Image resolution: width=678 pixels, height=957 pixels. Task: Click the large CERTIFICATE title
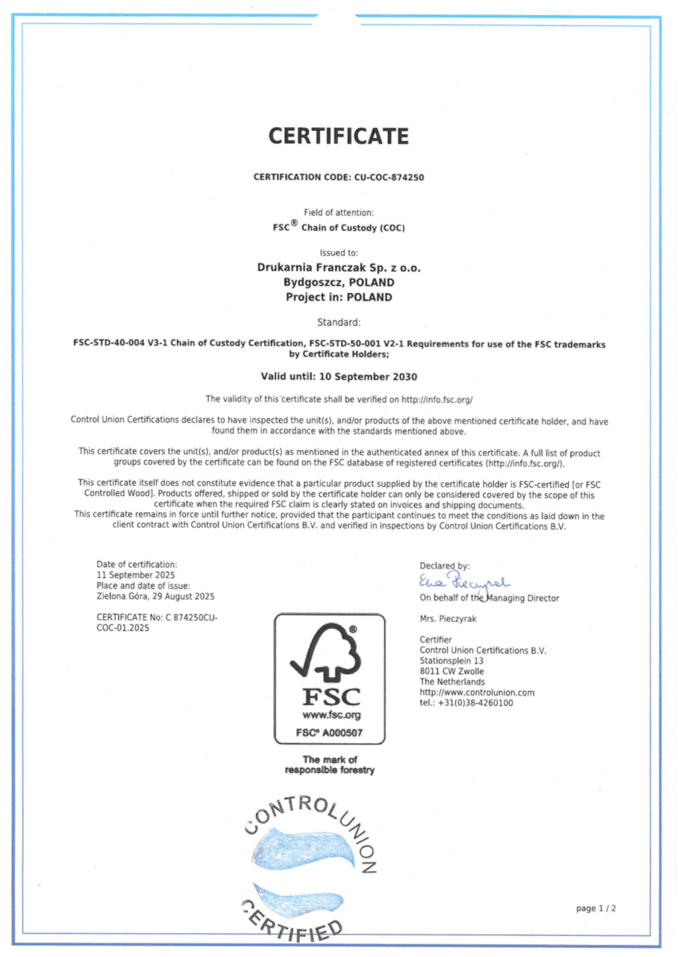(x=339, y=137)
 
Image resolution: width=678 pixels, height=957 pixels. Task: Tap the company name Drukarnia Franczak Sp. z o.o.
(x=339, y=268)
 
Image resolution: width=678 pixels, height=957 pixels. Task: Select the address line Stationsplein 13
(x=452, y=661)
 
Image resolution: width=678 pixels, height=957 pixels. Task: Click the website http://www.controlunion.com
(x=477, y=693)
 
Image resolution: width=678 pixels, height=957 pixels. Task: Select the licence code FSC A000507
(x=330, y=733)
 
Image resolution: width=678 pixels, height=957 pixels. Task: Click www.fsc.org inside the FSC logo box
(x=330, y=715)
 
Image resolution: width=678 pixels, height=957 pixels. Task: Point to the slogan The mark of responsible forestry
(x=330, y=765)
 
